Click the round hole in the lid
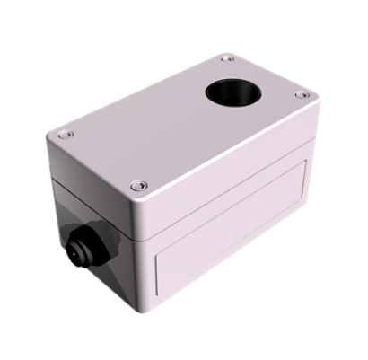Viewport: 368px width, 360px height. coord(232,93)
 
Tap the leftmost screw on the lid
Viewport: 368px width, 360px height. coord(64,135)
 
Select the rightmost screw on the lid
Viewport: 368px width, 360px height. coord(302,95)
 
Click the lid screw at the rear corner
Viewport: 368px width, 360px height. coord(227,59)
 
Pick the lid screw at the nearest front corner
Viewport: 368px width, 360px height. coord(136,186)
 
